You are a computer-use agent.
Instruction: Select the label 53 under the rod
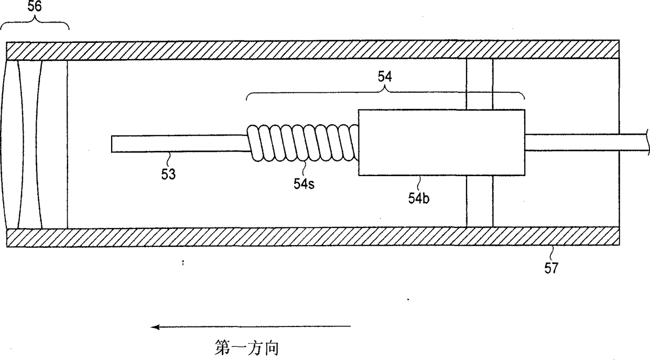pyautogui.click(x=168, y=173)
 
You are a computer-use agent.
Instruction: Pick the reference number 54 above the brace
pyautogui.click(x=385, y=77)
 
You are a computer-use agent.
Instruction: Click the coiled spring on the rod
pyautogui.click(x=303, y=143)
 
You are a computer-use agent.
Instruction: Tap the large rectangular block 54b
pyautogui.click(x=441, y=143)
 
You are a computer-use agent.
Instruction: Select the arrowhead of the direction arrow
pyautogui.click(x=156, y=327)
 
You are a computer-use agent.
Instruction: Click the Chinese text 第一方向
pyautogui.click(x=246, y=347)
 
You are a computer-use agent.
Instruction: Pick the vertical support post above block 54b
pyautogui.click(x=479, y=84)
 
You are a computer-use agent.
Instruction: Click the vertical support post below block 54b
pyautogui.click(x=479, y=202)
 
